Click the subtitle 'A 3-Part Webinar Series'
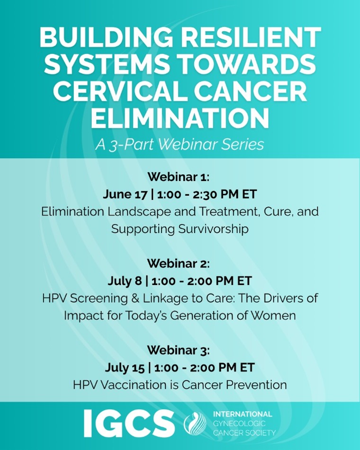pos(180,144)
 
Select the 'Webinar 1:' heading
pos(179,177)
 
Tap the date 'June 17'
pos(125,194)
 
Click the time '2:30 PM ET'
pos(225,194)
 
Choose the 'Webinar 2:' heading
pos(179,263)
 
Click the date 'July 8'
pos(125,281)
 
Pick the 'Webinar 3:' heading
pos(179,350)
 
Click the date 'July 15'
pos(125,368)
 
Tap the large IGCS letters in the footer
pos(129,423)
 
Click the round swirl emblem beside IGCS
pos(195,423)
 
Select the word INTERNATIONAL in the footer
pos(243,414)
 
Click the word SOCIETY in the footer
pos(261,433)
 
